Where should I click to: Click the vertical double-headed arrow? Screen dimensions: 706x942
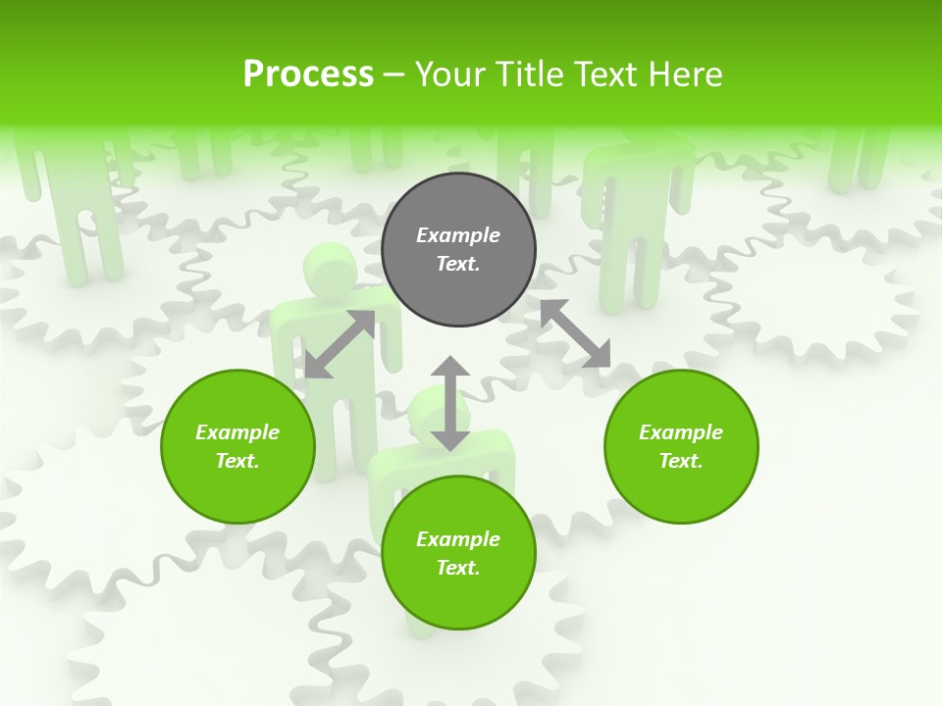[450, 403]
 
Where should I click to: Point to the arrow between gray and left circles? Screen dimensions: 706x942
[340, 344]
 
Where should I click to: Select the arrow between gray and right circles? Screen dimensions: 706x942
[575, 333]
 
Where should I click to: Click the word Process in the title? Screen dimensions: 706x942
[308, 74]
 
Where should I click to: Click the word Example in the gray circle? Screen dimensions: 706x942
[458, 235]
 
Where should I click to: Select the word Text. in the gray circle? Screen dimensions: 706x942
[458, 264]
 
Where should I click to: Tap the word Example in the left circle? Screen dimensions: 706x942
[237, 432]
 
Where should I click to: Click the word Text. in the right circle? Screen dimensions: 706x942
[681, 461]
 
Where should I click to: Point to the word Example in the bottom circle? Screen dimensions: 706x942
[458, 539]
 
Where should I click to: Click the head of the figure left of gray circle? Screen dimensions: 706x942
[330, 268]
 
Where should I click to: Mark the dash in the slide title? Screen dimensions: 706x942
[393, 75]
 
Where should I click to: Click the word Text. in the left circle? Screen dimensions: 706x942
[237, 461]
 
